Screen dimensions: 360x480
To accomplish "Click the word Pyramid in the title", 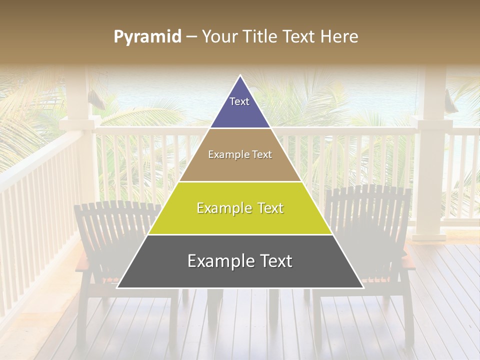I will pos(147,37).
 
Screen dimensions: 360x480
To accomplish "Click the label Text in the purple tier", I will pos(239,101).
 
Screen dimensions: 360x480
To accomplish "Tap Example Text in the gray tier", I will pos(240,261).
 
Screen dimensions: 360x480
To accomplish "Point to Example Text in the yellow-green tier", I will pos(240,208).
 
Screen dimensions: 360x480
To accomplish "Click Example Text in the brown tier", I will pos(240,154).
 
